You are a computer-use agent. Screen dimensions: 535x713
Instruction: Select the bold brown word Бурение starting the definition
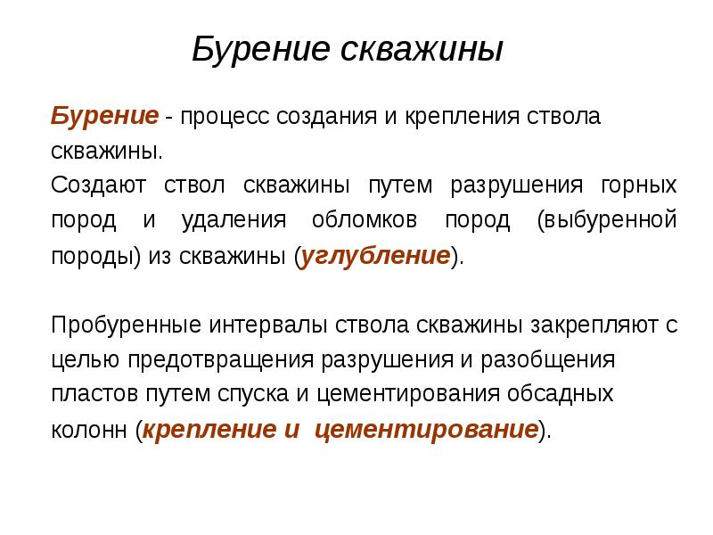[x=104, y=117]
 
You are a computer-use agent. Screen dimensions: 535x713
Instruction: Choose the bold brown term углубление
[x=375, y=257]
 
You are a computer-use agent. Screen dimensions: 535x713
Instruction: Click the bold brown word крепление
[x=209, y=430]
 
